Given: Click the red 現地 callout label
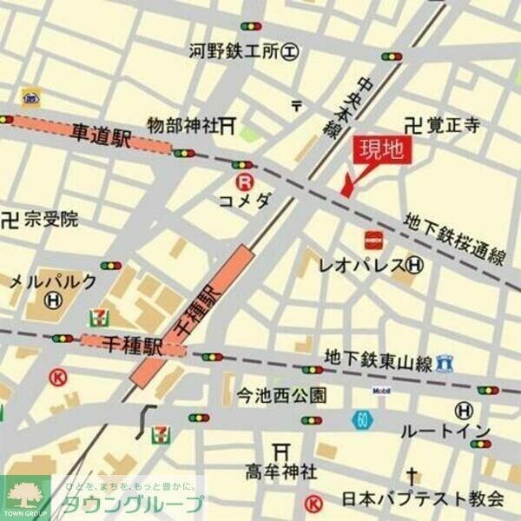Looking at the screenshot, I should tap(381, 150).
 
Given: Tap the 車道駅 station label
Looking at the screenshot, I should tap(100, 135).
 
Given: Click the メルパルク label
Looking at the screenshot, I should tap(52, 281).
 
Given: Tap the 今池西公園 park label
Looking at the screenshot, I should tap(282, 396).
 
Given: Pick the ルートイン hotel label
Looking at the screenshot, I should tap(445, 431).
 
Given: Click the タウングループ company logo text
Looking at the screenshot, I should tap(132, 503).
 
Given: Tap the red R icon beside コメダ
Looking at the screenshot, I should tap(246, 181).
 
